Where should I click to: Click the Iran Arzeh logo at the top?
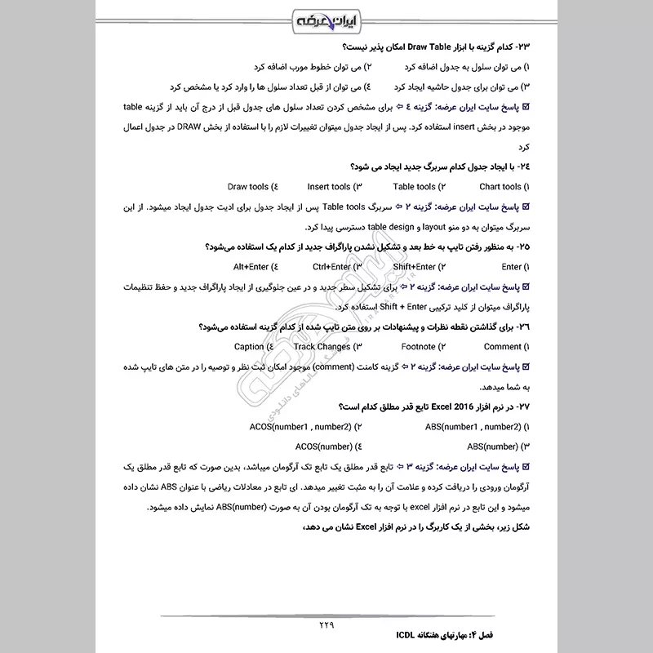[326, 18]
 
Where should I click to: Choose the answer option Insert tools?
[329, 187]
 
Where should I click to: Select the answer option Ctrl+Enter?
[331, 266]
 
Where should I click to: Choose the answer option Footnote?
[418, 346]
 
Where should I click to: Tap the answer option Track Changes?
[322, 346]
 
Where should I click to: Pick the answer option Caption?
[249, 346]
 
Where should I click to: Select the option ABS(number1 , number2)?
[472, 426]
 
